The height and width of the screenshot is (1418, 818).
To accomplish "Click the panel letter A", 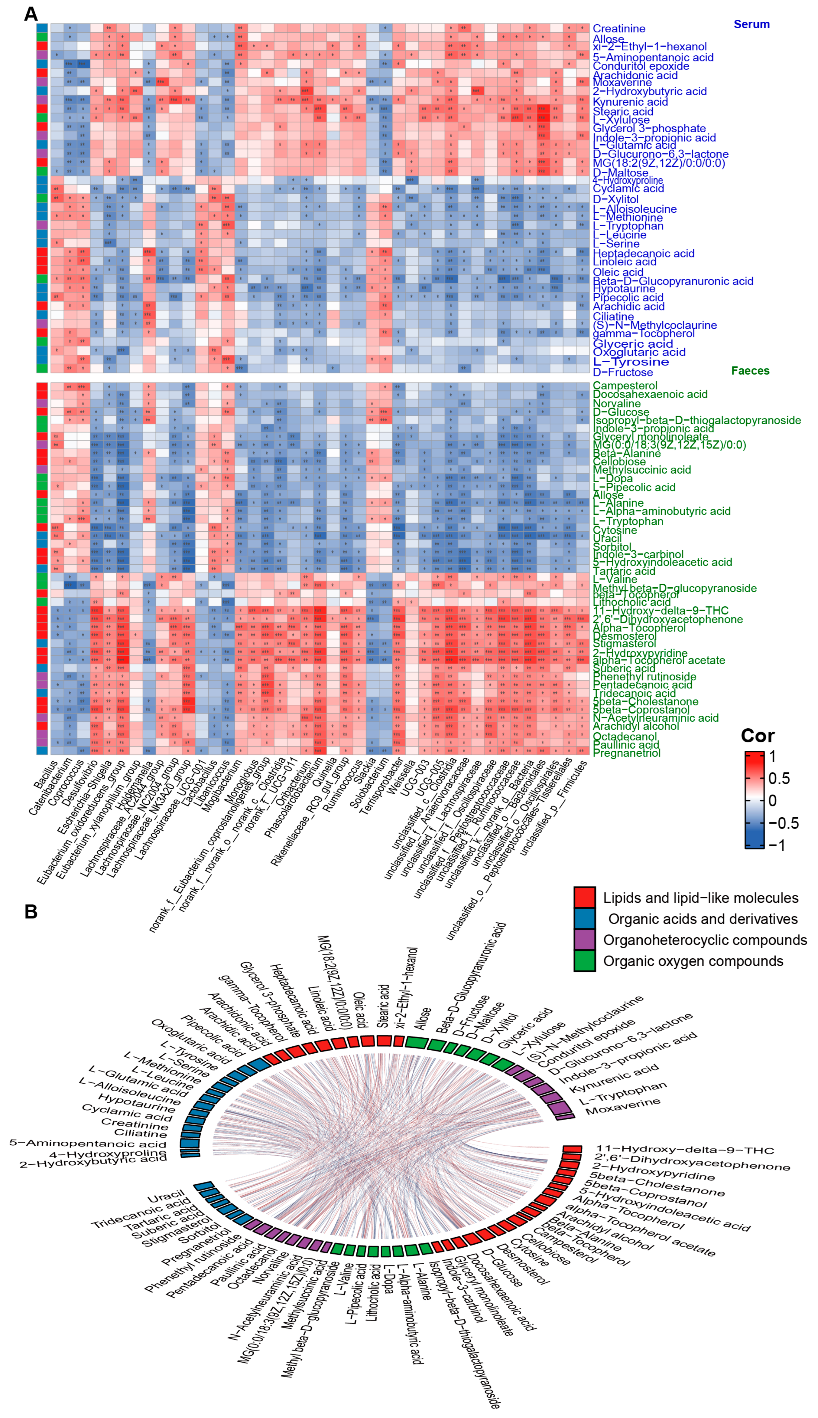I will pyautogui.click(x=31, y=14).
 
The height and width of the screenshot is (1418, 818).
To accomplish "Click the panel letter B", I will pyautogui.click(x=31, y=911).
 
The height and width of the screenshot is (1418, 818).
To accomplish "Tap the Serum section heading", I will pyautogui.click(x=751, y=24).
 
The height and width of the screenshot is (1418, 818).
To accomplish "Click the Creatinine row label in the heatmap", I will pyautogui.click(x=618, y=29).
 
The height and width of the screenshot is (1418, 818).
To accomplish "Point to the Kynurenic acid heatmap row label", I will pyautogui.click(x=630, y=102).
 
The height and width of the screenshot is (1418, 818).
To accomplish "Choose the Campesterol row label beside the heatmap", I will pyautogui.click(x=625, y=386).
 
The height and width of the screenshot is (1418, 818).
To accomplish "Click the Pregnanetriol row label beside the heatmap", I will pyautogui.click(x=626, y=753).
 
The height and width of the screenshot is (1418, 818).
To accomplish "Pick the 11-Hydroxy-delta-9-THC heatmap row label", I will pyautogui.click(x=660, y=611).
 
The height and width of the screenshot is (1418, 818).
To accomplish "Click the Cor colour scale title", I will pyautogui.click(x=757, y=736).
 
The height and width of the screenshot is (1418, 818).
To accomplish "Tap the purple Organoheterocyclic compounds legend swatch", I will pyautogui.click(x=584, y=940).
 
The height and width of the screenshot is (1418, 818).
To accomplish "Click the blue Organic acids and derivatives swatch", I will pyautogui.click(x=584, y=919).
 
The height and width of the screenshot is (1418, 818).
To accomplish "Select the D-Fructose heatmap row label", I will pyautogui.click(x=622, y=372).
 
